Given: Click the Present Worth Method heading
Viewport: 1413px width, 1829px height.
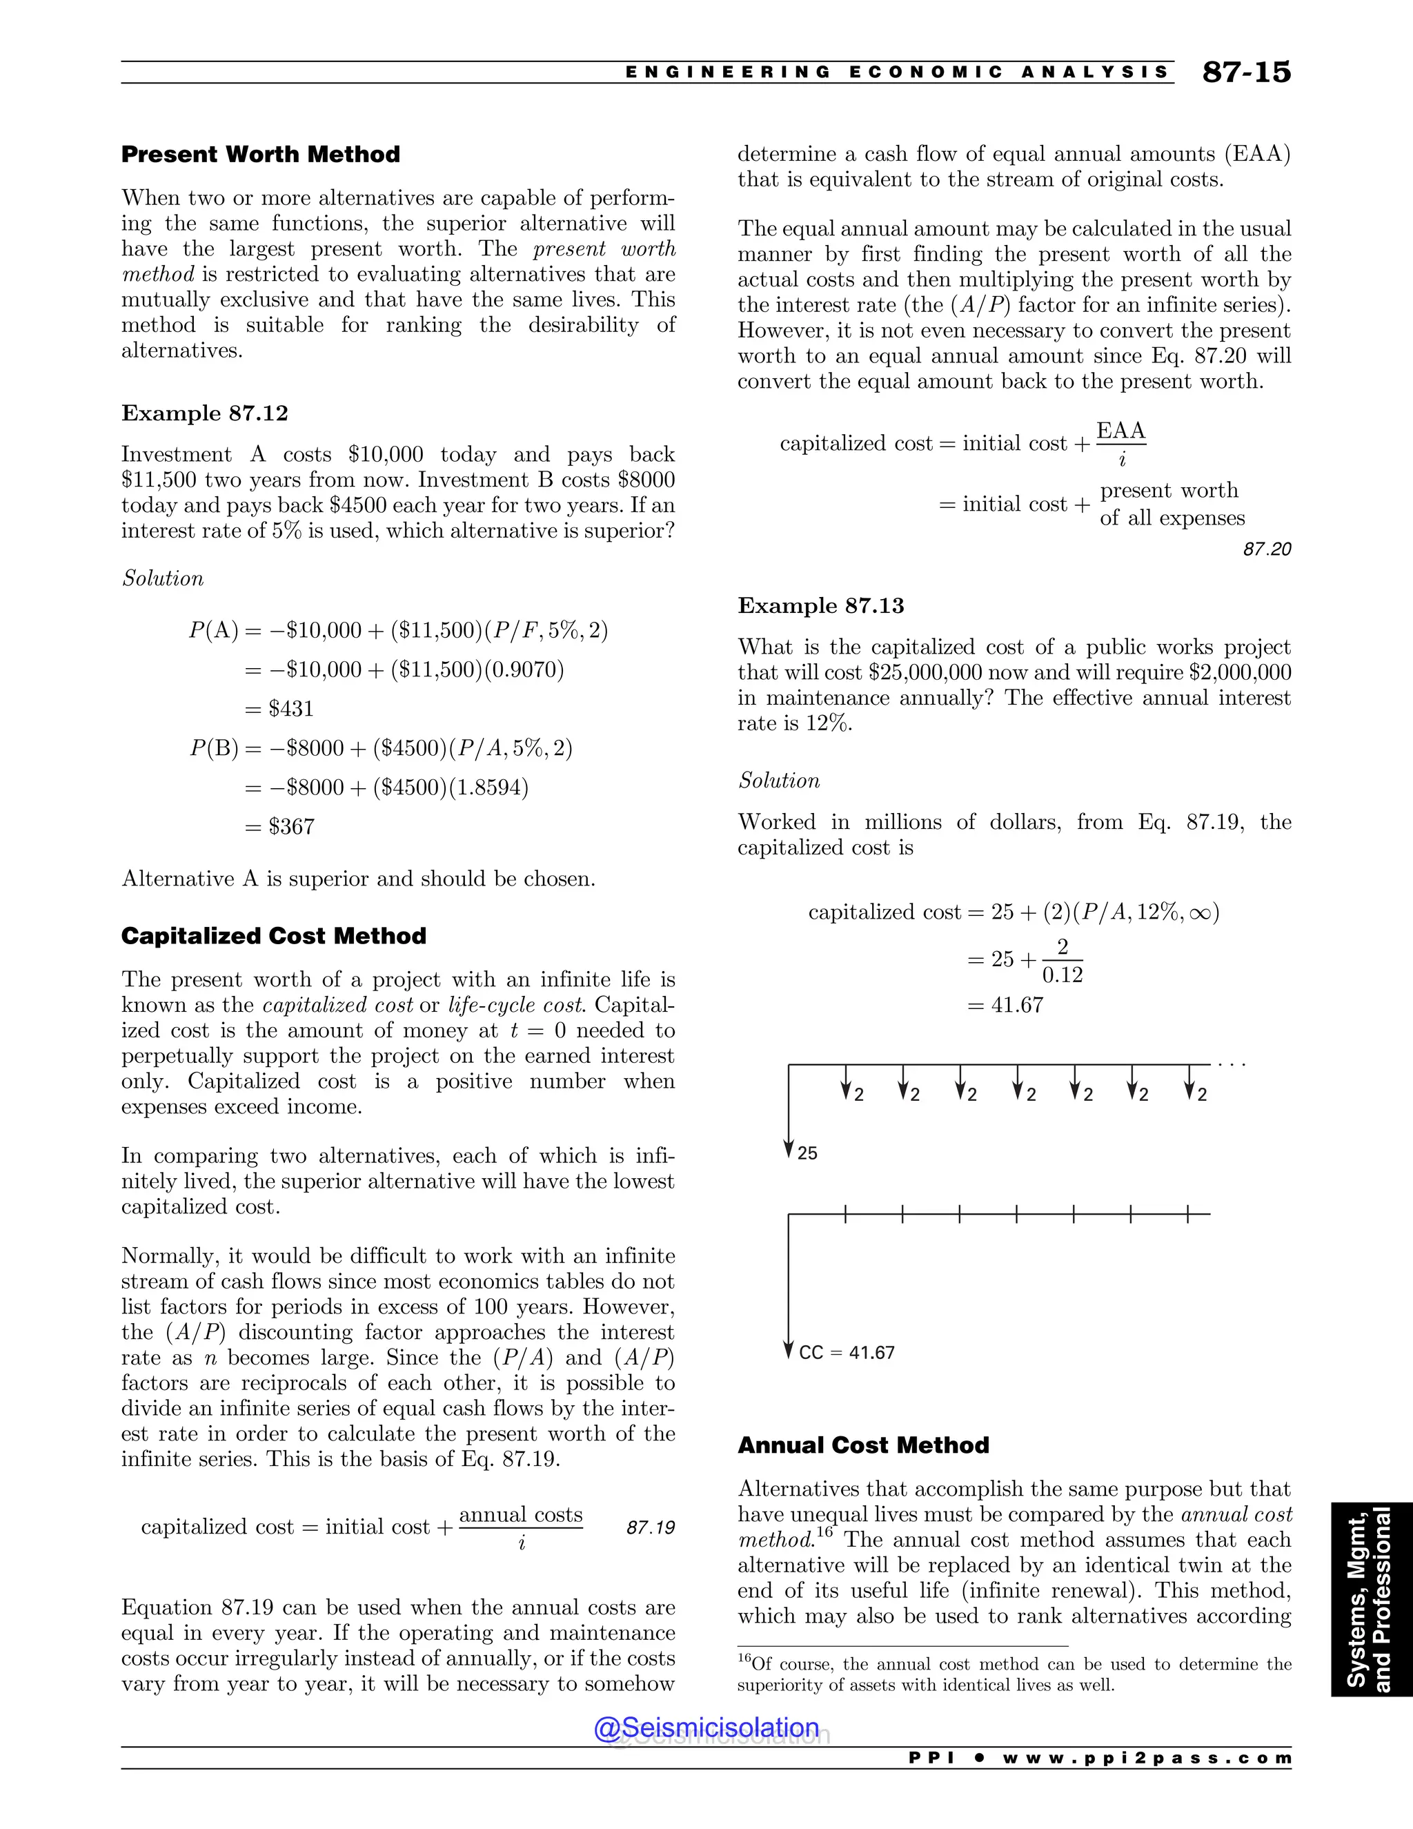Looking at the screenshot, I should coord(260,154).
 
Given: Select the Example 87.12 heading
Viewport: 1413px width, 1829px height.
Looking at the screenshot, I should coord(204,413).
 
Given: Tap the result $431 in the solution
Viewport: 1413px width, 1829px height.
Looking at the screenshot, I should coord(290,709).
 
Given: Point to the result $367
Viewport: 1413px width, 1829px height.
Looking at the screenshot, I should coord(290,827).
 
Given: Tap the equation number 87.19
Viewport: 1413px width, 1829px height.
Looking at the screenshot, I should coord(651,1527).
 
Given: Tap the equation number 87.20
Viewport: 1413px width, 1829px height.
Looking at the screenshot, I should coord(1267,549).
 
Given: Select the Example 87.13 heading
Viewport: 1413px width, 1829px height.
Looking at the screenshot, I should coord(820,605).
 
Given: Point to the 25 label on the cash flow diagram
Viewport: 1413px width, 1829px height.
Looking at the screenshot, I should coord(807,1153).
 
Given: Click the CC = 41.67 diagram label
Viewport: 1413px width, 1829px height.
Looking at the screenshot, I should coord(847,1353).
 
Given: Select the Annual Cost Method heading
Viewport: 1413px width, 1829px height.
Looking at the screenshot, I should coord(863,1445).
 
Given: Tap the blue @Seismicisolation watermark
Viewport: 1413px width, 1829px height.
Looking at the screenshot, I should coord(706,1728).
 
